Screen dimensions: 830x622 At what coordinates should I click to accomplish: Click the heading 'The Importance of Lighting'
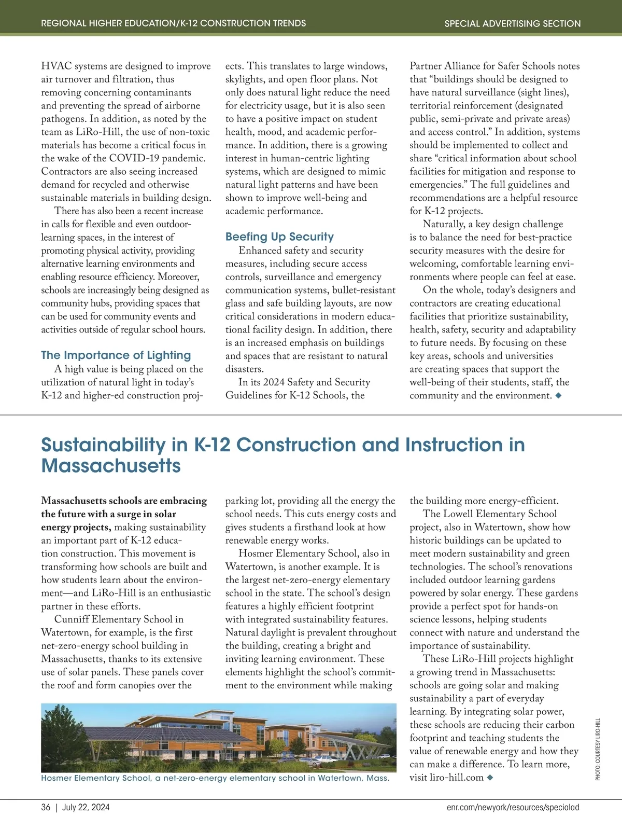coord(116,355)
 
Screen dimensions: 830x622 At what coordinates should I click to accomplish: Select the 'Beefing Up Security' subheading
coord(279,237)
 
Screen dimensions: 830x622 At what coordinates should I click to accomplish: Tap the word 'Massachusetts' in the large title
coord(111,466)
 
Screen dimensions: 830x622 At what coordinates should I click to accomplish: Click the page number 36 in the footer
coord(46,807)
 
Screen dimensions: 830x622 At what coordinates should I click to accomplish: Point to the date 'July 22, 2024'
coord(86,807)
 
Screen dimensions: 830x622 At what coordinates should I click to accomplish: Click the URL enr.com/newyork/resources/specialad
coord(513,807)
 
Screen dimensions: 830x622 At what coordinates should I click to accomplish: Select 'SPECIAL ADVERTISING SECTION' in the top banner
coord(512,24)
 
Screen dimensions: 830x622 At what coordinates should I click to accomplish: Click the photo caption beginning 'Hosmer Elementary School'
coord(215,778)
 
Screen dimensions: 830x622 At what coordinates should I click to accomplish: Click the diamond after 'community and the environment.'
coord(558,396)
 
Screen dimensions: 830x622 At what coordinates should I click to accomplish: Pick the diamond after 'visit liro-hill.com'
coord(490,778)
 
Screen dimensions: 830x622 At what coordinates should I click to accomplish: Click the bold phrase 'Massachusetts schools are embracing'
coord(124,501)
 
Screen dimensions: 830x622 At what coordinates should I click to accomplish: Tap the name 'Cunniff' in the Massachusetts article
coord(72,619)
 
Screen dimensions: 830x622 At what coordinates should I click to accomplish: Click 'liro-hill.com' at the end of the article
coord(457,778)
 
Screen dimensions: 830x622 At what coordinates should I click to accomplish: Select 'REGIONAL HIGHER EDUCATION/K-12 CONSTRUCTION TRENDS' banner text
coord(173,23)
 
